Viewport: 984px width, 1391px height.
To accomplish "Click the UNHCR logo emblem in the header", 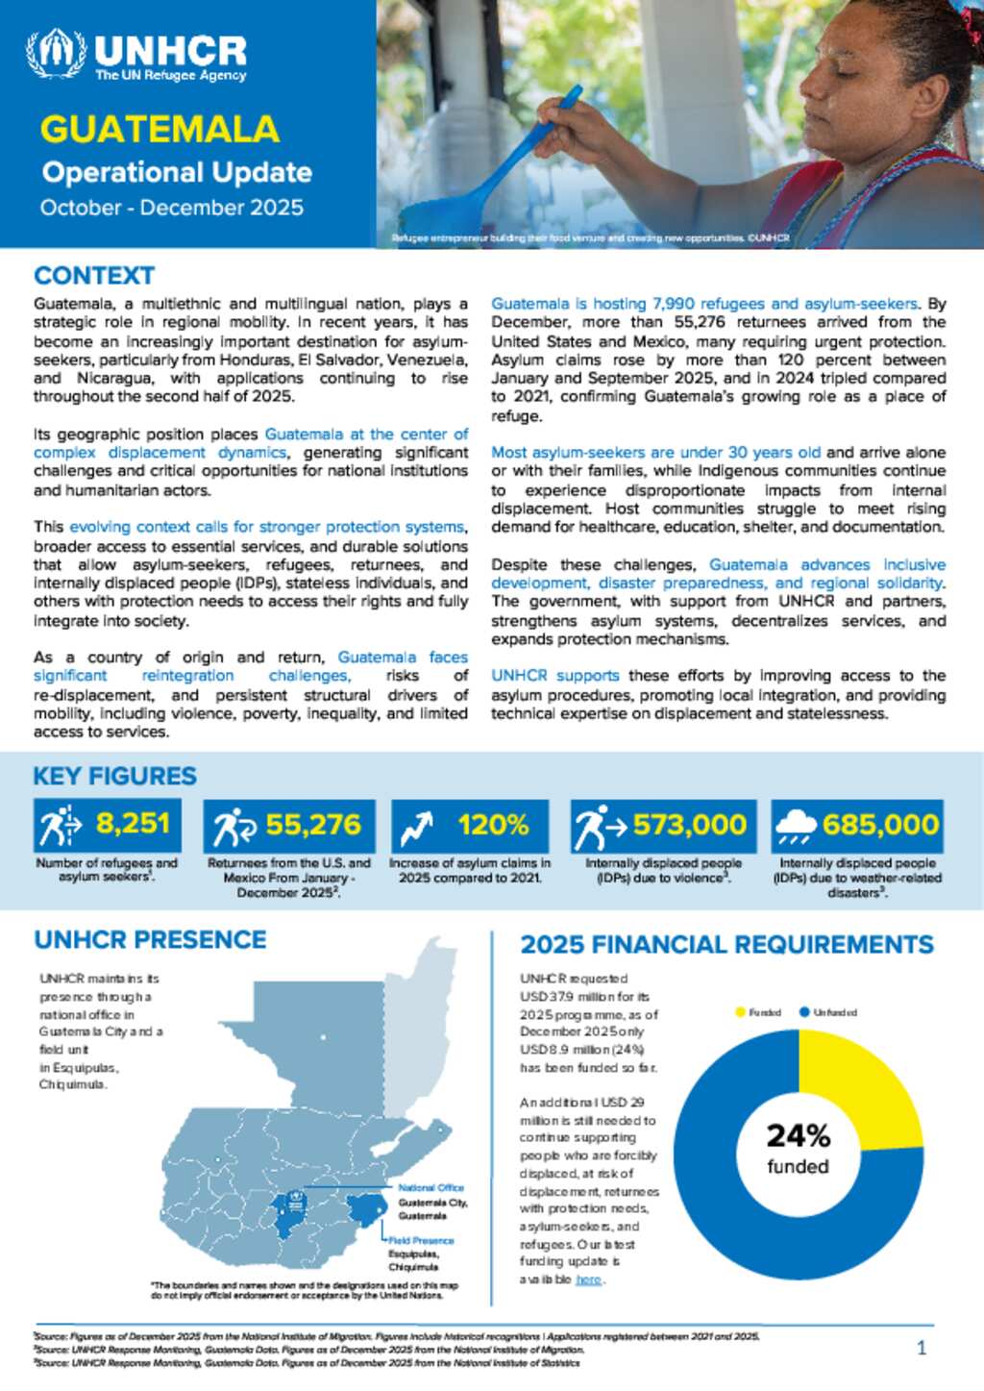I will pos(56,54).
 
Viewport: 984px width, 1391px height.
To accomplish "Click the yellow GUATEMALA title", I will pos(160,130).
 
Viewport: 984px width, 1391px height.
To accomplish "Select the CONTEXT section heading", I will pos(94,276).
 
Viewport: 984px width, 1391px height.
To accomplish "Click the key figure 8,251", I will pos(133,824).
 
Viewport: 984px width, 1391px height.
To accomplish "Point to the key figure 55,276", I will pos(313,825).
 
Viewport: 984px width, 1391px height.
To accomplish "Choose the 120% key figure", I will pos(493,825).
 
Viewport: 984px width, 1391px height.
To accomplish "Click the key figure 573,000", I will pos(689,825).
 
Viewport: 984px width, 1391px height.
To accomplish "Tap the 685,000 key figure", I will pos(880,825).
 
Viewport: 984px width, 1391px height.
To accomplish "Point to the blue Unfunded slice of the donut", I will pos(730,1211).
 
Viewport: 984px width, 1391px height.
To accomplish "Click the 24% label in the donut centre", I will pos(798,1136).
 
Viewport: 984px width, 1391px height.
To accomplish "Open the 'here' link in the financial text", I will pos(588,1279).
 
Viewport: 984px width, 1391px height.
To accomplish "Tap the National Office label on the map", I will pos(430,1188).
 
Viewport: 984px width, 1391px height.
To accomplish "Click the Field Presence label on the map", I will pos(421,1241).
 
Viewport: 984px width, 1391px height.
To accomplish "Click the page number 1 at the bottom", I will pos(922,1348).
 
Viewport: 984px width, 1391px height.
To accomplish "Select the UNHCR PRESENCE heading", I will pos(150,939).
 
